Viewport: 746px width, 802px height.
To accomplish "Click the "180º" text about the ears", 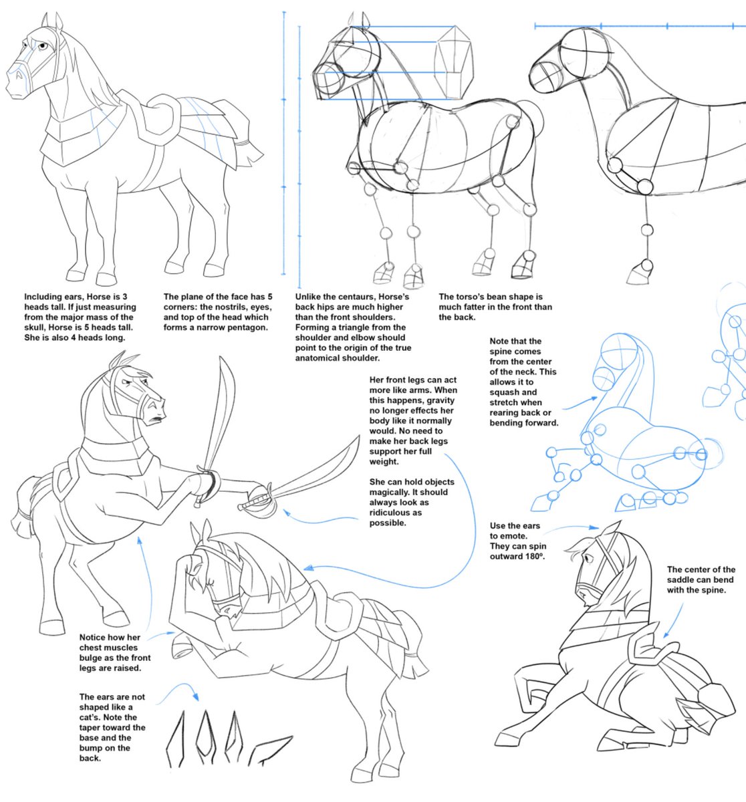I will (531, 555).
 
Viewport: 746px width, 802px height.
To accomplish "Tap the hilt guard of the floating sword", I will (257, 501).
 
